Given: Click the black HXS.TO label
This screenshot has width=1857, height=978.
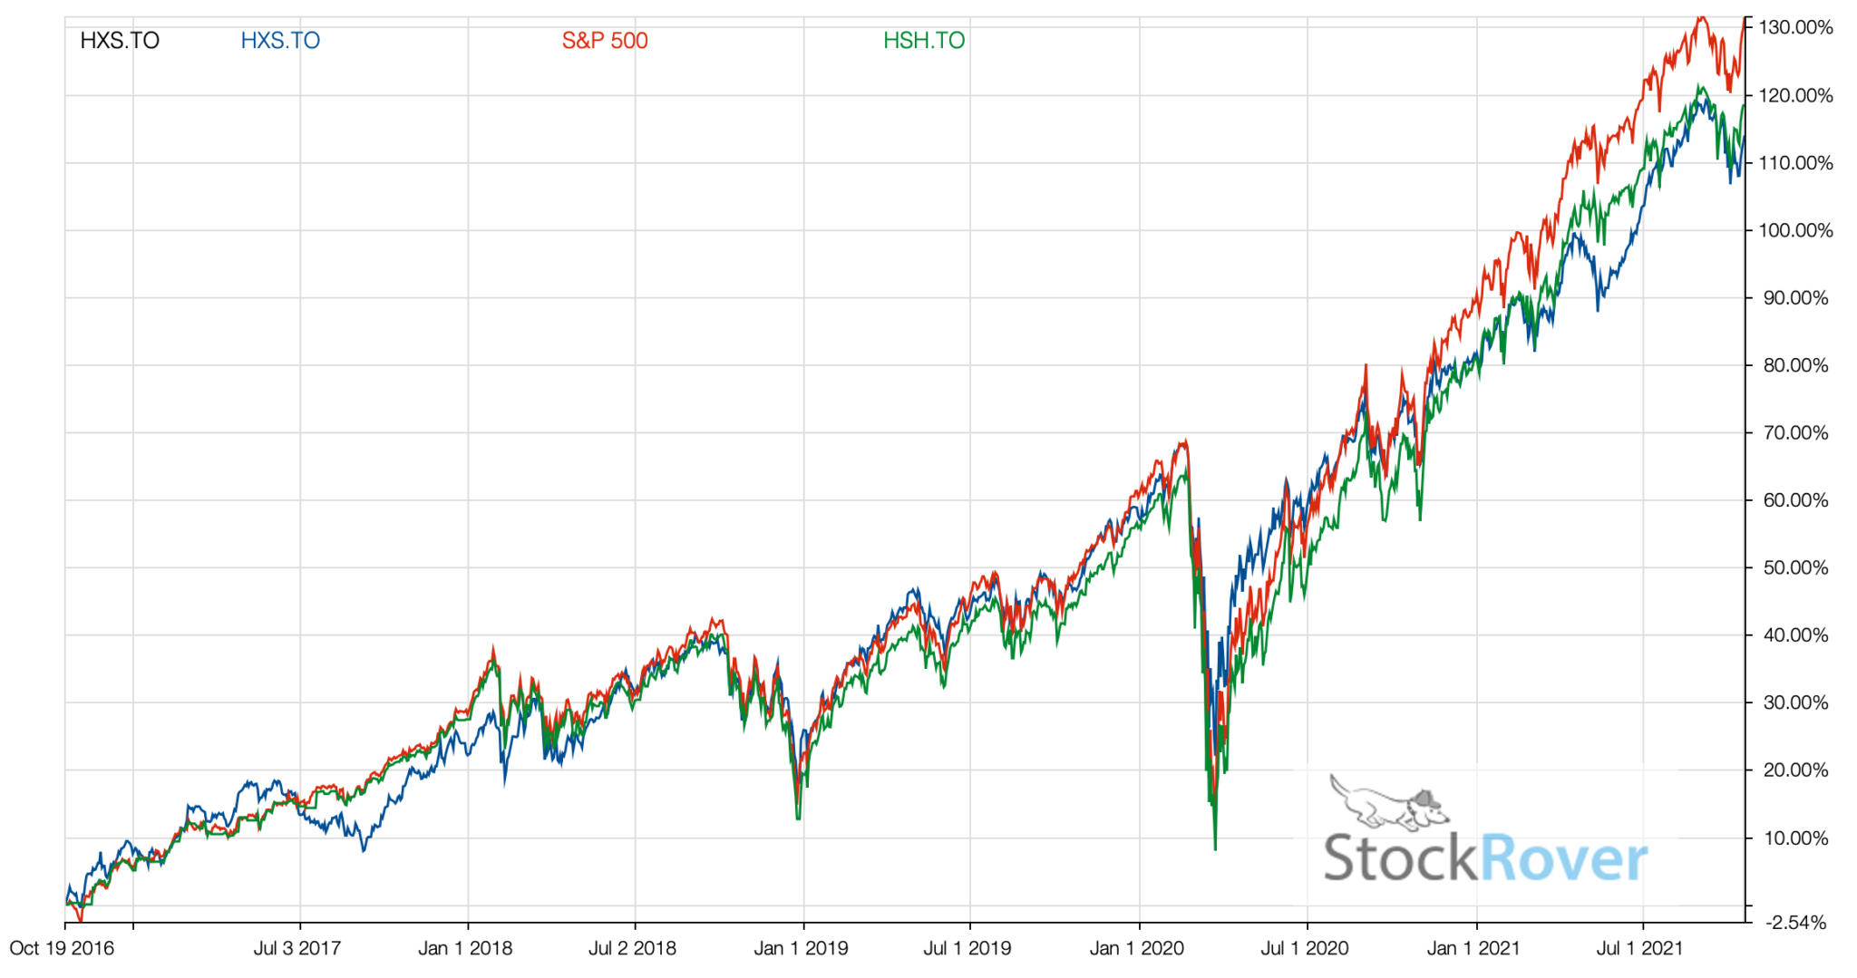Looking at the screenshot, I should [x=120, y=41].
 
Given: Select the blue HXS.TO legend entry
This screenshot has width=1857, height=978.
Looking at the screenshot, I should [x=280, y=41].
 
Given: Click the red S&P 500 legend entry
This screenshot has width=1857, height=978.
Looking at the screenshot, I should [x=605, y=41].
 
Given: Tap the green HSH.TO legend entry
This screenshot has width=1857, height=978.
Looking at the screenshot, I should [x=924, y=41].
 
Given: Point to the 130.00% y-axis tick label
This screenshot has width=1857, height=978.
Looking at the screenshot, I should [x=1795, y=27].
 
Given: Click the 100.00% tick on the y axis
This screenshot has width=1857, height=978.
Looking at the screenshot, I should [x=1795, y=230].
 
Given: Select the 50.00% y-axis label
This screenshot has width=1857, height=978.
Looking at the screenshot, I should [x=1795, y=567].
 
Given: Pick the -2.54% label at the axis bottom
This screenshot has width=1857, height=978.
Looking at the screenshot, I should [x=1795, y=923].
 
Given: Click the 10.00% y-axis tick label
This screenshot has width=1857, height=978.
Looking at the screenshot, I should [x=1795, y=838].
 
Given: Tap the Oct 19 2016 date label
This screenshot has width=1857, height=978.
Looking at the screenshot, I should [x=62, y=948].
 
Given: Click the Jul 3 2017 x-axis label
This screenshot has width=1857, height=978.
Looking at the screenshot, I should [x=297, y=948].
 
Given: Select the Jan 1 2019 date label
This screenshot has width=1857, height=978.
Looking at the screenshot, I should [x=801, y=948].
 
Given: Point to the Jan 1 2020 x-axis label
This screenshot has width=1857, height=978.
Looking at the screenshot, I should [x=1136, y=948].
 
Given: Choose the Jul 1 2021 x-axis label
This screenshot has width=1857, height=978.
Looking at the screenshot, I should [x=1639, y=948].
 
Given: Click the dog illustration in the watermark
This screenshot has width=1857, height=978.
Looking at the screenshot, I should [x=1387, y=803].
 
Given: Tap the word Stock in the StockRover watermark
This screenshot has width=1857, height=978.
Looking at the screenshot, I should [x=1400, y=858].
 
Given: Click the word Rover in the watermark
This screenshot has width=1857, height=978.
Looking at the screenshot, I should [x=1563, y=858].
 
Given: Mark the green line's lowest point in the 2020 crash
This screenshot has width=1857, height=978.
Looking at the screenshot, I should [x=1215, y=848].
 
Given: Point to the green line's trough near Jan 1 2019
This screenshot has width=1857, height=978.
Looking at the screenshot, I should [x=798, y=818].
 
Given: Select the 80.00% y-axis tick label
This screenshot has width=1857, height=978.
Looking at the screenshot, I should [x=1795, y=365].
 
